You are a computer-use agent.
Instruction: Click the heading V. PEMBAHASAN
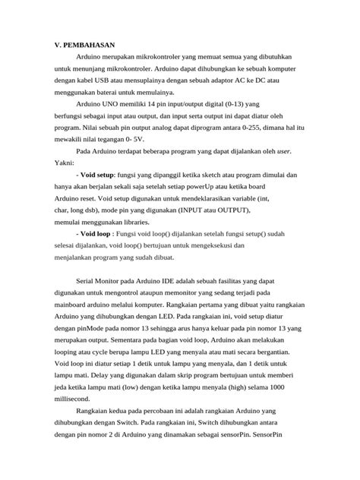pos(82,46)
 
